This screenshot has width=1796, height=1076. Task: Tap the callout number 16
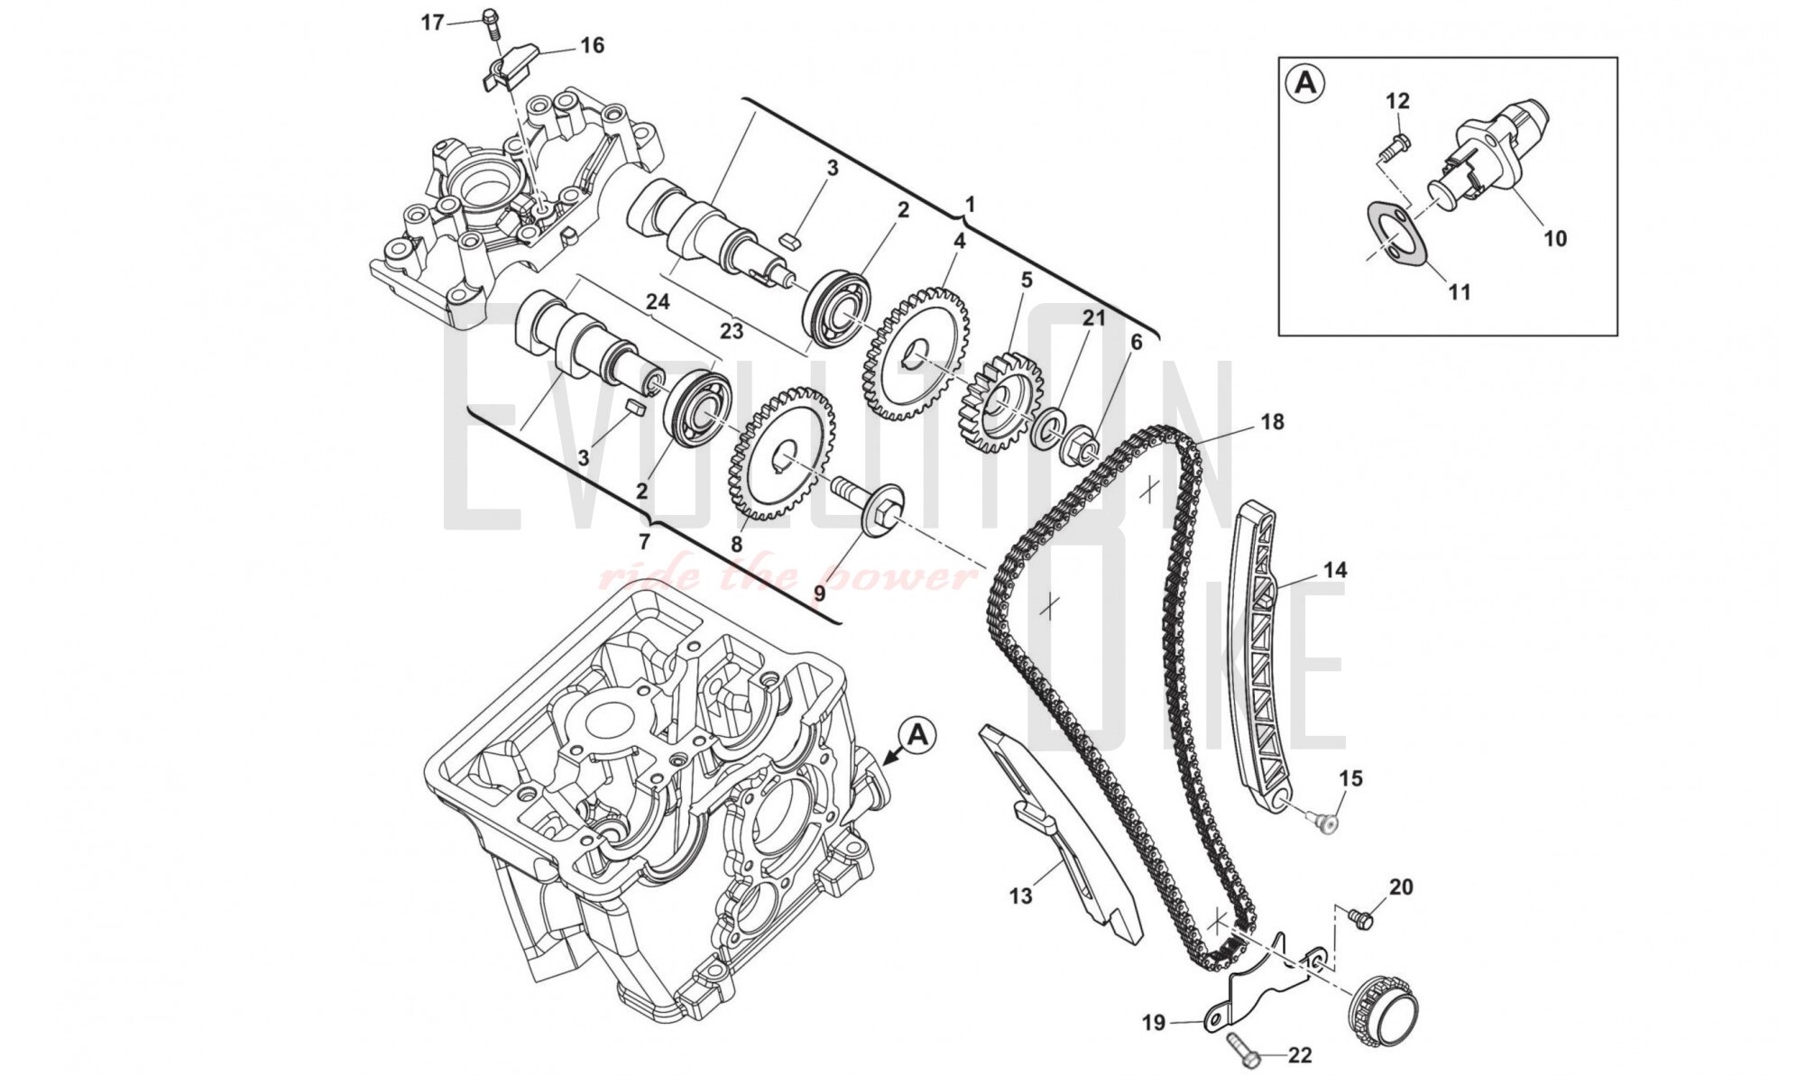tap(592, 44)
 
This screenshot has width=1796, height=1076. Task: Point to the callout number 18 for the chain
tap(1272, 422)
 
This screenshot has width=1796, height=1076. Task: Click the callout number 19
tap(1154, 1023)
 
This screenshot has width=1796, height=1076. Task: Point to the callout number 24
tap(658, 302)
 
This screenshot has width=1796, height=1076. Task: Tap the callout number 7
tap(643, 542)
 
